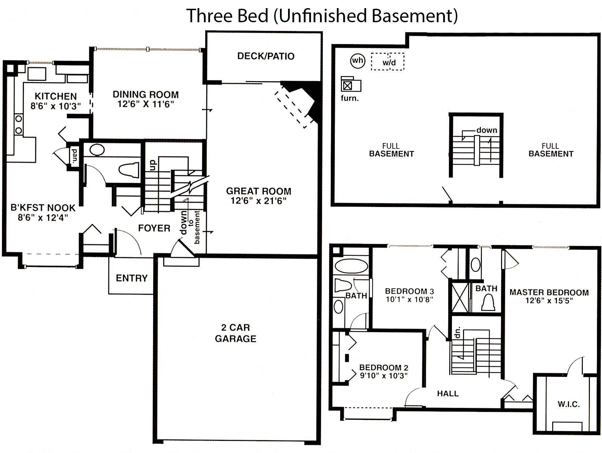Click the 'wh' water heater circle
tap(357, 61)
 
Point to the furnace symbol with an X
tap(348, 85)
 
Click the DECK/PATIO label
tap(266, 56)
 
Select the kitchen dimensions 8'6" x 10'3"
tap(56, 106)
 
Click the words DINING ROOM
tap(145, 95)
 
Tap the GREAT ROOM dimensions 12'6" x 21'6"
tap(258, 201)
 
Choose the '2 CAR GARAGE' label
tap(236, 333)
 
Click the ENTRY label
tap(132, 278)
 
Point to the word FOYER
tap(154, 228)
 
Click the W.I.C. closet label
tap(569, 404)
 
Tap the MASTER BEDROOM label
tap(549, 292)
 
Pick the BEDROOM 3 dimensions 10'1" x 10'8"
tap(409, 300)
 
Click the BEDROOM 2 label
tap(384, 368)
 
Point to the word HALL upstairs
tap(448, 393)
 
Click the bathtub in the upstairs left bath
tap(351, 266)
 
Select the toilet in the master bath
tap(488, 303)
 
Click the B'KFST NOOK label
tap(43, 208)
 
